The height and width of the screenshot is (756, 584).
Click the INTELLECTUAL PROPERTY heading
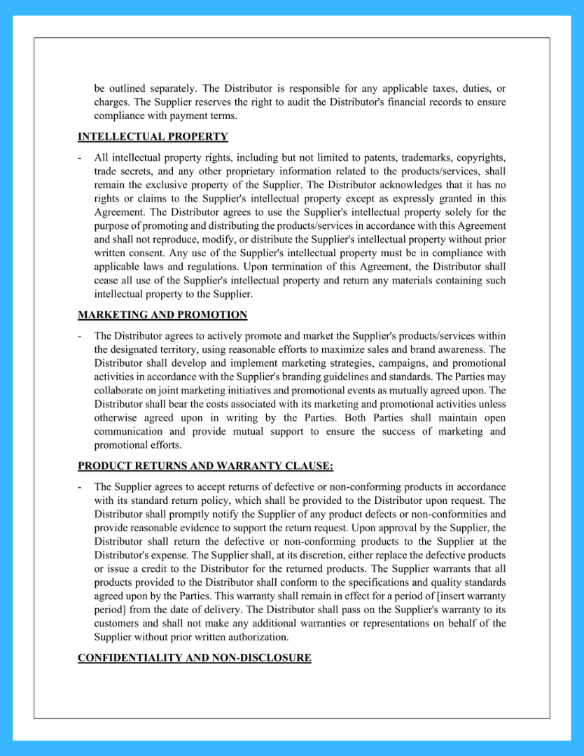[x=153, y=136]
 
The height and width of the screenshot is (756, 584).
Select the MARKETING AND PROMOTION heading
[x=162, y=315]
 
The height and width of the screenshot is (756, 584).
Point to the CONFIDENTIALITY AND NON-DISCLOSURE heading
[x=194, y=658]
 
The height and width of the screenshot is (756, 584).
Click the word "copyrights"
[x=480, y=157]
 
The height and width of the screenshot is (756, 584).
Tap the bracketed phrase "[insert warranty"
[x=470, y=596]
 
